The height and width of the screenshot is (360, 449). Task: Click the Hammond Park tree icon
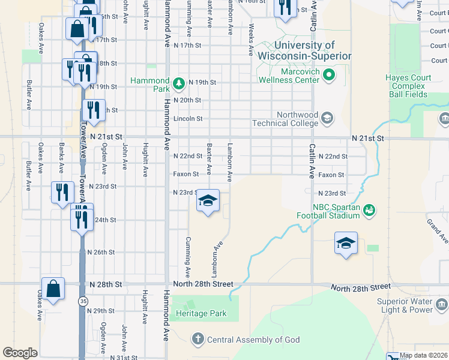point(178,82)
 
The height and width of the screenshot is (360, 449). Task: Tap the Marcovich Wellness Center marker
point(328,75)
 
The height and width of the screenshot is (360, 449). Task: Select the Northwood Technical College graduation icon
point(327,117)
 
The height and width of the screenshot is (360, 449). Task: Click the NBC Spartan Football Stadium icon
point(370,209)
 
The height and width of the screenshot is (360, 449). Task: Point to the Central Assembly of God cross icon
point(198,340)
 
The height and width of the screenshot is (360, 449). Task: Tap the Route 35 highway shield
point(82,299)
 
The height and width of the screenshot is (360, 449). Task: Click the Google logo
point(20,353)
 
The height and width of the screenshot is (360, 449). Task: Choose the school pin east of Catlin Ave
point(346,243)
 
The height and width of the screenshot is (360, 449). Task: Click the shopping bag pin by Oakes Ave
point(53,288)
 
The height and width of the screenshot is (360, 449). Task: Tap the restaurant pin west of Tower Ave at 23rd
point(62,193)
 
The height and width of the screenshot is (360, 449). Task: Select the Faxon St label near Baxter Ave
point(186,175)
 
